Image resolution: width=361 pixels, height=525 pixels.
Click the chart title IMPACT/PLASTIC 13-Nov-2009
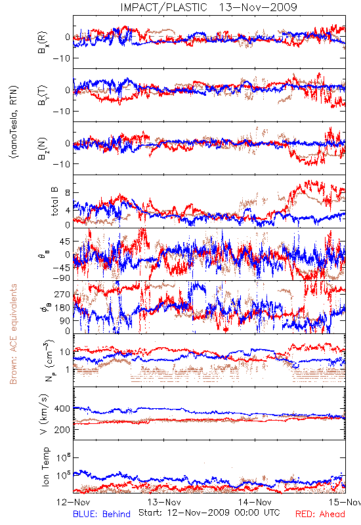tap(209, 7)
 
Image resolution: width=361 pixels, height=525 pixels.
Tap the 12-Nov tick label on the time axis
tap(74, 502)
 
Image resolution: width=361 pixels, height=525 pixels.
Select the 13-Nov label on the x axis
tap(164, 502)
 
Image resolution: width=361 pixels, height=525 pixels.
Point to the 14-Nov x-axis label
tap(255, 502)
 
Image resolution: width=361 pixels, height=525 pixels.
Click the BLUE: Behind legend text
tap(102, 514)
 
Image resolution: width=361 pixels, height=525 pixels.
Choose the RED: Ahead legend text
tap(320, 514)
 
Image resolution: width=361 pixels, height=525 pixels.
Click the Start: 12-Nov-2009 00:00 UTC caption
tap(209, 513)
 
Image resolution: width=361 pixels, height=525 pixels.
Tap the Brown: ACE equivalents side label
tap(13, 334)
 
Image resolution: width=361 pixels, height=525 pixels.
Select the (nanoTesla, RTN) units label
tap(14, 122)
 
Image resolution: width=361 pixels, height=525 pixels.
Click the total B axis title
tap(54, 201)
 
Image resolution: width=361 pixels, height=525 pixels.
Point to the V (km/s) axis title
tap(44, 414)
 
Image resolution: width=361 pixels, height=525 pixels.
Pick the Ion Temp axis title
tap(45, 467)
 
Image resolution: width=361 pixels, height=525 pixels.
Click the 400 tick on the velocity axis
tap(62, 409)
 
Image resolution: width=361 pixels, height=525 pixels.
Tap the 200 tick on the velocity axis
tap(62, 430)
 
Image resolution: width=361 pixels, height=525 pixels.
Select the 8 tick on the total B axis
tap(68, 193)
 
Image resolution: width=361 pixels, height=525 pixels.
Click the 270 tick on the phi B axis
tap(62, 295)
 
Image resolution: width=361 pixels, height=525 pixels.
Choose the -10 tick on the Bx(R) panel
tap(61, 58)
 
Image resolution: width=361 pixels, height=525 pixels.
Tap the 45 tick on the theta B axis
tap(65, 241)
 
